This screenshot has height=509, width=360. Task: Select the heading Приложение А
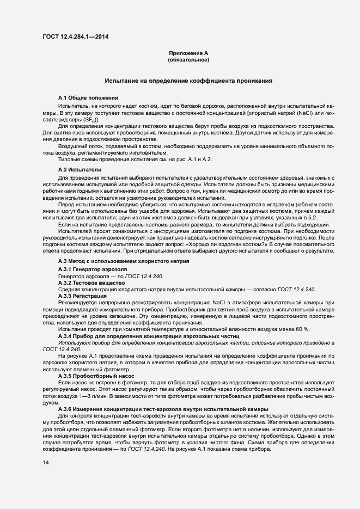pos(188,53)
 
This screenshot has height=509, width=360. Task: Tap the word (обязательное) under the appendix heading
pos(188,59)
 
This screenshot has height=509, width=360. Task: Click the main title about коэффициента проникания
pos(188,80)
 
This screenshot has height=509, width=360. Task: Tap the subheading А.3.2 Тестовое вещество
pos(93,283)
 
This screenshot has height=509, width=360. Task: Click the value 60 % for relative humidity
pos(301,329)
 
